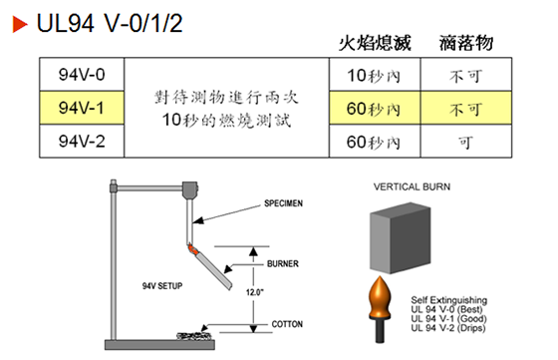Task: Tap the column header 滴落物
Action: coord(464,44)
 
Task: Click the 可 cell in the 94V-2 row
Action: coord(464,141)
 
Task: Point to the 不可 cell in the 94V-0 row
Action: coord(464,75)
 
